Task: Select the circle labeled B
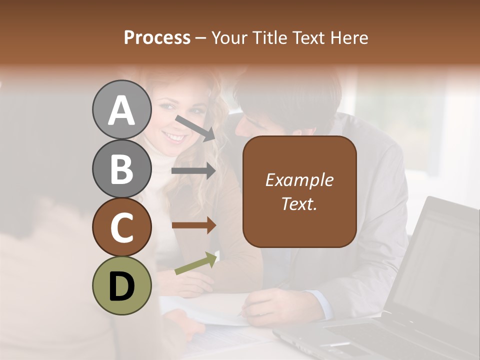tap(121, 168)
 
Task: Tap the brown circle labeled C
tap(121, 227)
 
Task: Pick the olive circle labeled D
tap(121, 285)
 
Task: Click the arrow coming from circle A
tap(194, 127)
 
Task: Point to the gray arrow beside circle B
tap(193, 171)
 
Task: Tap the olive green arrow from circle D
tap(195, 263)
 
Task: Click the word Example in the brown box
tap(299, 180)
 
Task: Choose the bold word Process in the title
tap(157, 37)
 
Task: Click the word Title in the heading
tap(270, 37)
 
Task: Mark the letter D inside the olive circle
tap(121, 286)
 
